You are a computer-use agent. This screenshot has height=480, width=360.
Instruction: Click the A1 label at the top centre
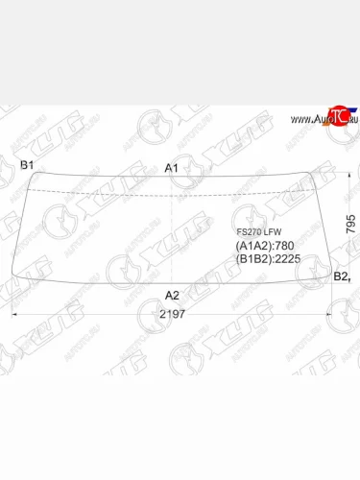(x=172, y=169)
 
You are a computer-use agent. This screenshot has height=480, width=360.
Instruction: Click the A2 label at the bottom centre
(x=172, y=295)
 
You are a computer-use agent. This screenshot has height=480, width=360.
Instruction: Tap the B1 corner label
(x=28, y=165)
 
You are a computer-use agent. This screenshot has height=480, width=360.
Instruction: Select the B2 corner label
(x=340, y=276)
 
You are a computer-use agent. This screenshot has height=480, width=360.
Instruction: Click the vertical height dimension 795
(x=350, y=227)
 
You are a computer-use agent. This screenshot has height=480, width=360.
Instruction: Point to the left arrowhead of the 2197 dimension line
(x=13, y=314)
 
